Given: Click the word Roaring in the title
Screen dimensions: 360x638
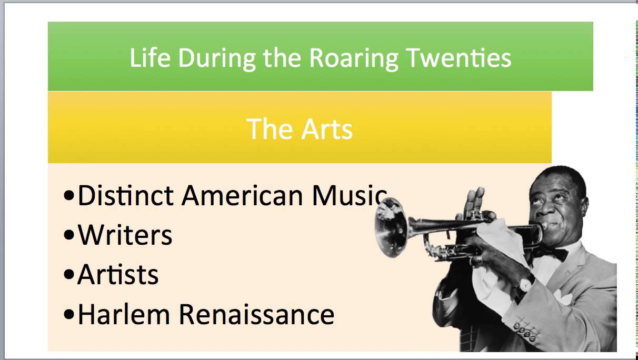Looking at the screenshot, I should point(353,58).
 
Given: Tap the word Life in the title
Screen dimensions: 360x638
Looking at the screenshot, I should point(150,57).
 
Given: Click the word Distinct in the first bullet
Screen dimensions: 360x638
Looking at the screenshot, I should point(125,195).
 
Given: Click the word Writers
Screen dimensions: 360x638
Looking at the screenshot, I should point(125,235).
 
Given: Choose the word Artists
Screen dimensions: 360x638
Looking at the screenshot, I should point(118,275).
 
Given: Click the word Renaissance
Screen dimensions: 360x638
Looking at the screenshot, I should point(257,314).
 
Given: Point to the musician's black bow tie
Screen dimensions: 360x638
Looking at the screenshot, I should point(551,254).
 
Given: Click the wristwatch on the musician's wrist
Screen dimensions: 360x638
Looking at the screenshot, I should point(524,284).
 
